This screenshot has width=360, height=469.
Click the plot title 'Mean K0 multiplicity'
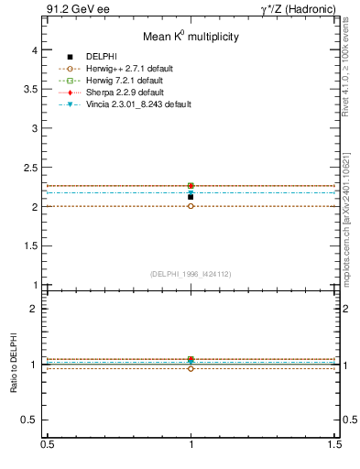[x=191, y=37]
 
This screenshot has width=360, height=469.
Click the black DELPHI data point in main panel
[x=191, y=196]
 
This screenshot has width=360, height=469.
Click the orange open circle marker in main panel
[x=191, y=206]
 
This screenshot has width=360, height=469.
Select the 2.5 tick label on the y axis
[x=33, y=168]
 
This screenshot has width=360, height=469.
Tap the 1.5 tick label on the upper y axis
[x=33, y=245]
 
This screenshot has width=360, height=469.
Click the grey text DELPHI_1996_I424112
[x=191, y=273]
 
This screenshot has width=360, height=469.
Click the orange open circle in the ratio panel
[x=191, y=368]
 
